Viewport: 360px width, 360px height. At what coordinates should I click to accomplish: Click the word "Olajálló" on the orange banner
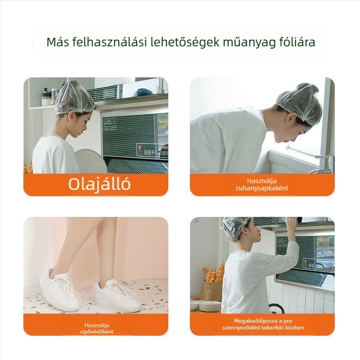[x=99, y=184]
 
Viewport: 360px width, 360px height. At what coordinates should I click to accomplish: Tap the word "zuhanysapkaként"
[x=262, y=188]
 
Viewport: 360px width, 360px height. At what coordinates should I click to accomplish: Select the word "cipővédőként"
[x=97, y=332]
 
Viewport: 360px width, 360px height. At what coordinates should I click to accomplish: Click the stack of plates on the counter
[x=210, y=306]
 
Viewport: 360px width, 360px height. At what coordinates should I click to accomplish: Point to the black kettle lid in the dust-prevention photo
[x=276, y=308]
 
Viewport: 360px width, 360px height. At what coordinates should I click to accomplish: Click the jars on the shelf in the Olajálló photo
[x=50, y=96]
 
